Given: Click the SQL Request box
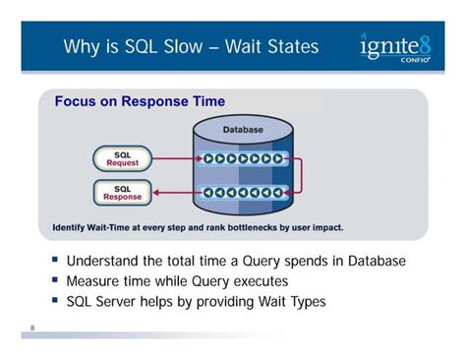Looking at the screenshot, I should pyautogui.click(x=123, y=157).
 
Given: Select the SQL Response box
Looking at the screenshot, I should pyautogui.click(x=123, y=192).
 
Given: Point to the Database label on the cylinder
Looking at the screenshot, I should pyautogui.click(x=242, y=130).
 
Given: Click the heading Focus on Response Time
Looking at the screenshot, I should pyautogui.click(x=140, y=101).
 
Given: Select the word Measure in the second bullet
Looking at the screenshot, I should pyautogui.click(x=95, y=281).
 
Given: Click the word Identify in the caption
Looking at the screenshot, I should pyautogui.click(x=71, y=227).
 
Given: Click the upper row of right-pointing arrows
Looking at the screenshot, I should pyautogui.click(x=242, y=157).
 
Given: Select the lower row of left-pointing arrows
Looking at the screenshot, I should pyautogui.click(x=242, y=192).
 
